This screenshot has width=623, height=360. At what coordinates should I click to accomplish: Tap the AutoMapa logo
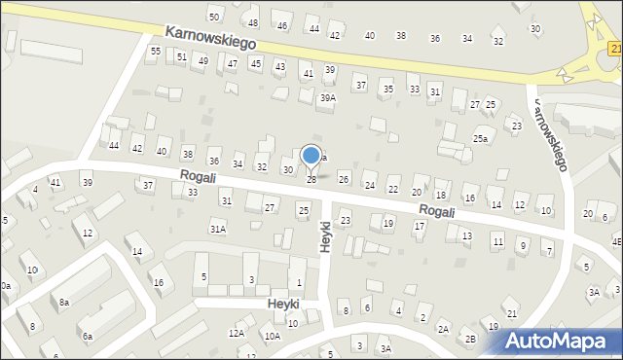[563, 341]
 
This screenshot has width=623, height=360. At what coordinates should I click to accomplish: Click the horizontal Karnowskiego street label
[209, 38]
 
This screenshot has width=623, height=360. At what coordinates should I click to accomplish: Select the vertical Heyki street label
[326, 236]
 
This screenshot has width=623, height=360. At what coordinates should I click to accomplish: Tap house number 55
[155, 51]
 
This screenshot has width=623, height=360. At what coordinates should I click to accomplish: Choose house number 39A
[328, 98]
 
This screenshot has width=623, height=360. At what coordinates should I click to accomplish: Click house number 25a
[480, 139]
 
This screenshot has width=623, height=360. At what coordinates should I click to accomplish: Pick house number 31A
[218, 229]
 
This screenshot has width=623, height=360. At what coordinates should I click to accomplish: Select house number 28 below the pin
[311, 179]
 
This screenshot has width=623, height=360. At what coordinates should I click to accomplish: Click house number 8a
[63, 303]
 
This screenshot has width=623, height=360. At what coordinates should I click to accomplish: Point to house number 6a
[87, 336]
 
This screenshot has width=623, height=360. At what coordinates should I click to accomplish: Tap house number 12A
[237, 333]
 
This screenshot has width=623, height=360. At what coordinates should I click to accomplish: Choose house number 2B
[470, 339]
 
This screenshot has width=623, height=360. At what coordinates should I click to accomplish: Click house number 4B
[616, 240]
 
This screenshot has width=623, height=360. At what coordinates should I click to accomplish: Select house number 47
[232, 63]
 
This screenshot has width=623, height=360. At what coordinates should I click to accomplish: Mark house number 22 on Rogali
[392, 190]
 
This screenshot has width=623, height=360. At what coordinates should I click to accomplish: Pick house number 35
[387, 89]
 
